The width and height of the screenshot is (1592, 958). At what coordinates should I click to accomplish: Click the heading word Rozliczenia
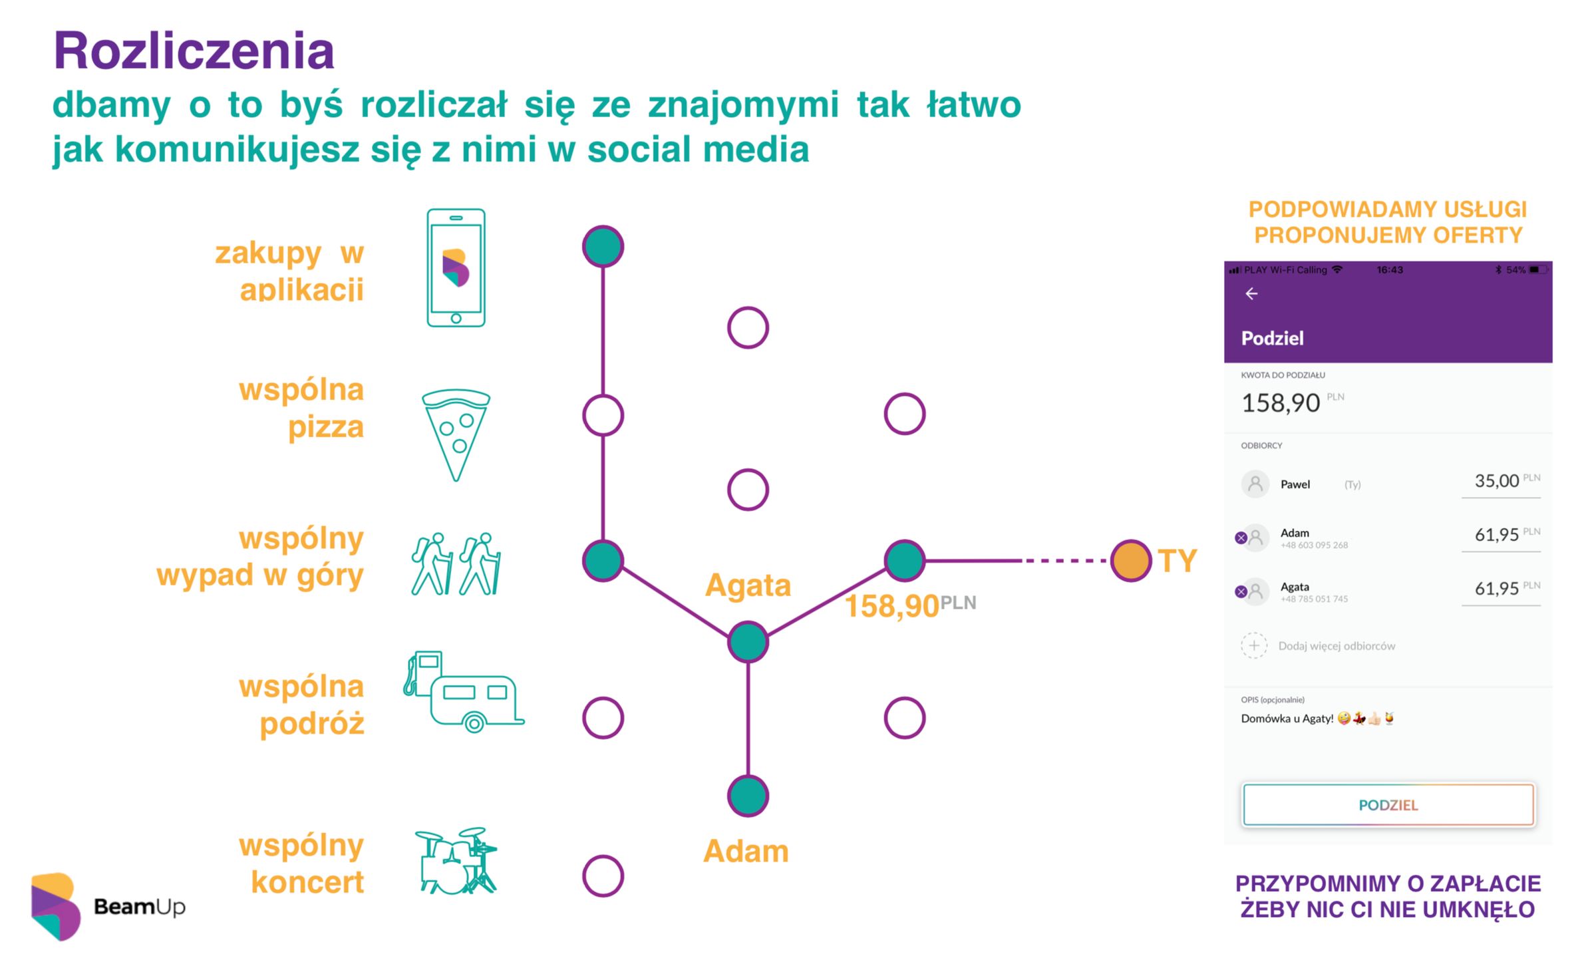(x=194, y=51)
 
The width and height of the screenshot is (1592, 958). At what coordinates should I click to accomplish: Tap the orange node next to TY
(x=1130, y=561)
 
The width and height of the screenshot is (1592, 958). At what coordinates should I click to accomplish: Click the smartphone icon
(x=456, y=267)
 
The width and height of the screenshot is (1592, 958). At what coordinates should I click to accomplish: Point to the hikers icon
(x=456, y=563)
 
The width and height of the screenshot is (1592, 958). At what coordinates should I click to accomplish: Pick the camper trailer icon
(x=464, y=692)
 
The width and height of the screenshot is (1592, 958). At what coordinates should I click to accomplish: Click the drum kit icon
(x=456, y=860)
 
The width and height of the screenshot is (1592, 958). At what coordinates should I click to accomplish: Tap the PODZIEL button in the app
(x=1388, y=805)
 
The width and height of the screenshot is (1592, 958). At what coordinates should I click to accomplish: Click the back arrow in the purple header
(x=1251, y=293)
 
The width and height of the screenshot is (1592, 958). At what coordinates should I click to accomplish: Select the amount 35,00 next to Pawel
(x=1496, y=481)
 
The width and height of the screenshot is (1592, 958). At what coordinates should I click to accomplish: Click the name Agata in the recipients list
(x=1295, y=587)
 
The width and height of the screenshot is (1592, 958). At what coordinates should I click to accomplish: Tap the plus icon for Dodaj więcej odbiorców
(x=1254, y=645)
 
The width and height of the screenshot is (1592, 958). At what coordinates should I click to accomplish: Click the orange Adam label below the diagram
(x=746, y=851)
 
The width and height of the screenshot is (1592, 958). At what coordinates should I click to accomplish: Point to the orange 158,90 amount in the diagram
(x=891, y=606)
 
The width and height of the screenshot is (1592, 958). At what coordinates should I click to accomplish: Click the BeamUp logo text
(x=140, y=907)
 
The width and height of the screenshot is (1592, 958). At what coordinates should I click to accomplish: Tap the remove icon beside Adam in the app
(x=1241, y=538)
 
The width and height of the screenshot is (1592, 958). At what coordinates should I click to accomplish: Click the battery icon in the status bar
(x=1537, y=269)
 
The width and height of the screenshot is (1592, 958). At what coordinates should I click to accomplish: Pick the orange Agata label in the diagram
(x=748, y=585)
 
